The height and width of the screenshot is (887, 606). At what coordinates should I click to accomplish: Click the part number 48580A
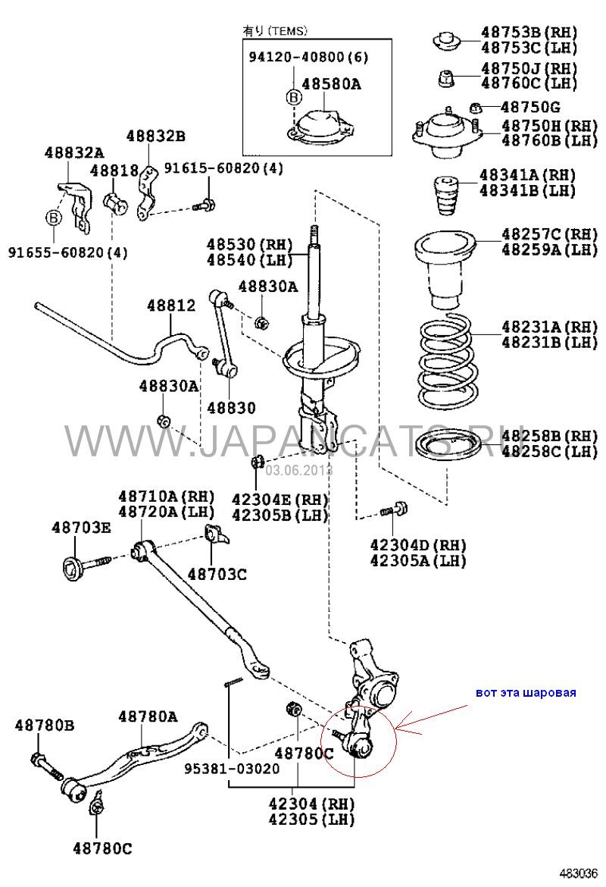click(331, 85)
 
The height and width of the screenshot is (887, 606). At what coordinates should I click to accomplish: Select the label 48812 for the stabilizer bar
click(171, 306)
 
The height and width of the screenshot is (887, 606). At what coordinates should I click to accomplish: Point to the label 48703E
click(81, 528)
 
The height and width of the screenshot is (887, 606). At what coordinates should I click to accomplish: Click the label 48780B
click(45, 726)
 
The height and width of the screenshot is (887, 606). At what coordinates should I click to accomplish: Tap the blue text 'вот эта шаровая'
click(526, 692)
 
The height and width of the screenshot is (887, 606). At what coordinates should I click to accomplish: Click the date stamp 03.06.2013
click(298, 470)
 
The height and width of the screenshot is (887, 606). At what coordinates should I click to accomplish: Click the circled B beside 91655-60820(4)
click(54, 218)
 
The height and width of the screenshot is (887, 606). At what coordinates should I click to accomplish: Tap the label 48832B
click(155, 136)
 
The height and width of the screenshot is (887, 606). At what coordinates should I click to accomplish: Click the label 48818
click(114, 171)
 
